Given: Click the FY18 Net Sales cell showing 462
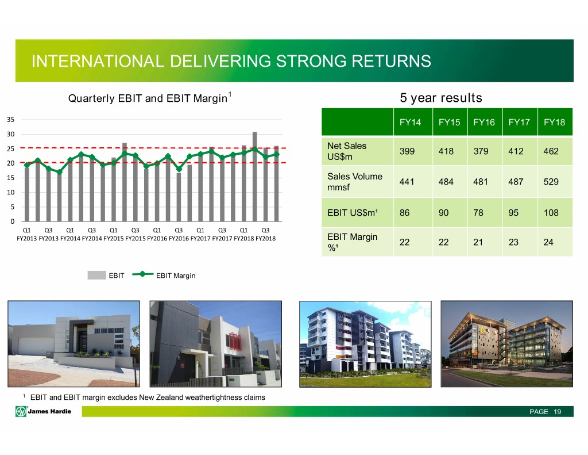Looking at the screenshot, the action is [x=551, y=151].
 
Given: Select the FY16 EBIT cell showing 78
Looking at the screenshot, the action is [x=478, y=213].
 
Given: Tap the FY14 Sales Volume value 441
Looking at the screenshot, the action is [x=407, y=182].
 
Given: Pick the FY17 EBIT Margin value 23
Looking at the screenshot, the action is [x=513, y=242].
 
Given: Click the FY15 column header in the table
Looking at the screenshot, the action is [x=449, y=122].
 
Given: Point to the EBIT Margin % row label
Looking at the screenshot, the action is [x=352, y=242].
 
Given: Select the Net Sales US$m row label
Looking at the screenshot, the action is [x=346, y=151].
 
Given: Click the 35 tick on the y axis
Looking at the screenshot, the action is [x=10, y=120].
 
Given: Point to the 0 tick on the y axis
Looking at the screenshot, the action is [x=13, y=221].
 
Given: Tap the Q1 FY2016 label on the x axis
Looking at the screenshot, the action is [x=157, y=234].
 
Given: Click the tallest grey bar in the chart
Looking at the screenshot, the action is [x=254, y=177].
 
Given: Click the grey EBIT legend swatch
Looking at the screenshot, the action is [x=96, y=276].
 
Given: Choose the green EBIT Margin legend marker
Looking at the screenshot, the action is [x=142, y=274].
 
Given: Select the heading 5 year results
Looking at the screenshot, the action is [x=441, y=98].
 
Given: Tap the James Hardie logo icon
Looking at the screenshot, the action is [x=21, y=411].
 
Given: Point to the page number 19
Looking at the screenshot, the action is [x=557, y=412].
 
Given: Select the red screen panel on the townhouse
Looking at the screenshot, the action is [x=234, y=342].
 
